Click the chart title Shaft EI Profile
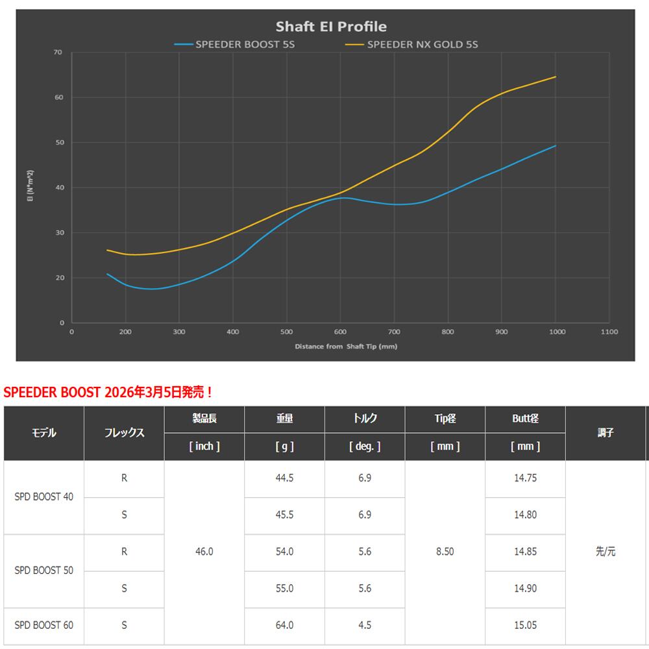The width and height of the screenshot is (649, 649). click(331, 27)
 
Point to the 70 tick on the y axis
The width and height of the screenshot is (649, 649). click(58, 53)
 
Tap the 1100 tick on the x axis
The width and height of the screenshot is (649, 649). click(609, 331)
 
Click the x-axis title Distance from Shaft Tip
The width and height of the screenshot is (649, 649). click(346, 347)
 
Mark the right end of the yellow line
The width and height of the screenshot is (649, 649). click(556, 77)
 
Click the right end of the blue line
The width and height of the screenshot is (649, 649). click(556, 146)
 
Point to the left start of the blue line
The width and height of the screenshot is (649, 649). click(108, 274)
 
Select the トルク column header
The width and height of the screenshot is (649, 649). click(364, 419)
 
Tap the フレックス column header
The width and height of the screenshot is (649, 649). click(124, 433)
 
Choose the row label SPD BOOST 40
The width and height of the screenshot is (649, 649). click(44, 497)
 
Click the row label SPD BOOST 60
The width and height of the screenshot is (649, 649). click(44, 626)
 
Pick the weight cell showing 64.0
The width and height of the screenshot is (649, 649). click(284, 626)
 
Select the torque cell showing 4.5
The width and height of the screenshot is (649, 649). click(364, 626)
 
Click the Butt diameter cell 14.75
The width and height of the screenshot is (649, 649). click(525, 478)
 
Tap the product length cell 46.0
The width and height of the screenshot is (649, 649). click(204, 552)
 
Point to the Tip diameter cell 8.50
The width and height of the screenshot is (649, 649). click(445, 552)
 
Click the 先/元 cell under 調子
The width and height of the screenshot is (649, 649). click(605, 552)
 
